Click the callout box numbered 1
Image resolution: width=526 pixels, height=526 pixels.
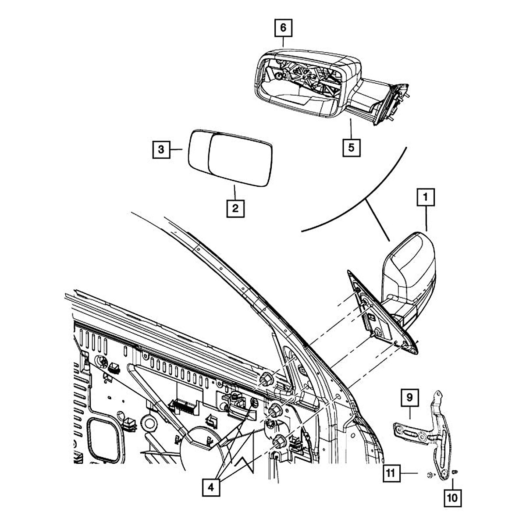pyautogui.click(x=425, y=197)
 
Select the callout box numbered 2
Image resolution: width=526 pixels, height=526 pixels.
pyautogui.click(x=235, y=208)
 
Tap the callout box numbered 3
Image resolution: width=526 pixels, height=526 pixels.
pyautogui.click(x=161, y=149)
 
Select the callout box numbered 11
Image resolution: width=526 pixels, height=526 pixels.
pyautogui.click(x=391, y=473)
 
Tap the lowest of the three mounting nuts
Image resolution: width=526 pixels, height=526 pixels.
pyautogui.click(x=279, y=442)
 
